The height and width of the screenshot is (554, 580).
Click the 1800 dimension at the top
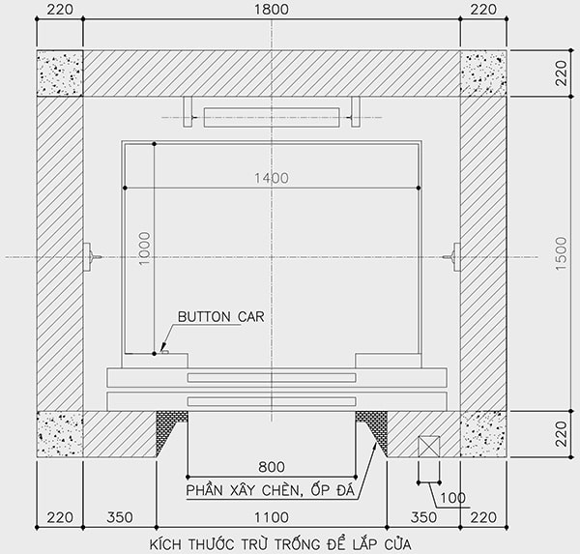271,11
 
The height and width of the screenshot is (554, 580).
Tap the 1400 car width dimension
272,178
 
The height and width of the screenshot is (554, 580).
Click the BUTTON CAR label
219,316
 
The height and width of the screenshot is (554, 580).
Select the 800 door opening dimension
271,466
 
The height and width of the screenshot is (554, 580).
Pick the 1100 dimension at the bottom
271,517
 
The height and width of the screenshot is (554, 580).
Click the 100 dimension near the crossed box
452,499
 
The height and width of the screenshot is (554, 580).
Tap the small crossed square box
427,447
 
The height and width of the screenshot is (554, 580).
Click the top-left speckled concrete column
60,73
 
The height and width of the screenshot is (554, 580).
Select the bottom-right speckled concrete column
482,434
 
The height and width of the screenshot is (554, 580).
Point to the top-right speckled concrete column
482,73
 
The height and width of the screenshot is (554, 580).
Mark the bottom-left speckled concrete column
60,434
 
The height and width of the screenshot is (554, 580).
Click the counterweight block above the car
271,117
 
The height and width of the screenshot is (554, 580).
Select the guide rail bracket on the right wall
451,256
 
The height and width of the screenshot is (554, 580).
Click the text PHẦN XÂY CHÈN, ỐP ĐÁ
271,490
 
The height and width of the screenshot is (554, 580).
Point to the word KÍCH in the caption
169,543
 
